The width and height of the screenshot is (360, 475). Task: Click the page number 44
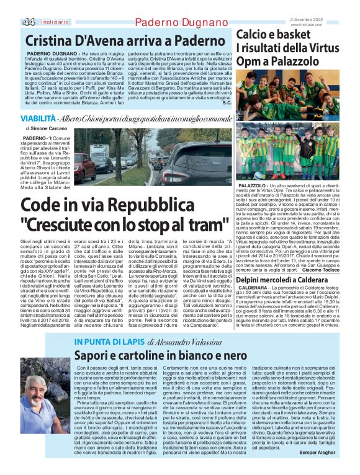pos(29,22)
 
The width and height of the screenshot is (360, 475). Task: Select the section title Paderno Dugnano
pos(174,23)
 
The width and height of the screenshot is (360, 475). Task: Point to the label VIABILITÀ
pos(37,118)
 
